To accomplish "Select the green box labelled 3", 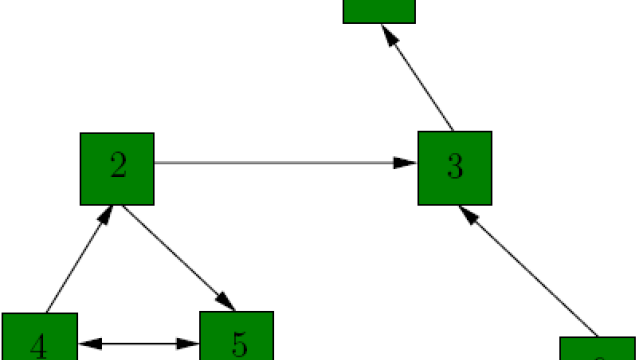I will (455, 167).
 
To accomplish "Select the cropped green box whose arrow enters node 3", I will (597, 349).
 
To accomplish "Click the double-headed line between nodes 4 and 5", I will (139, 344).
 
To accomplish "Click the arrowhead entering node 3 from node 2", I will (406, 162).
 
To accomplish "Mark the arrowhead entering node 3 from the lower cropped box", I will (466, 216).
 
